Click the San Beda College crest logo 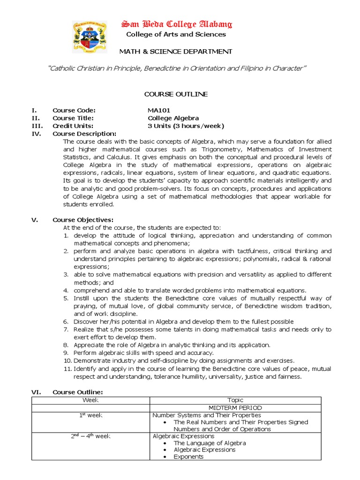(x=90, y=37)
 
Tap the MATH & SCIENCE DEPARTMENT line (x=176, y=51)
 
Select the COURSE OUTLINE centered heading (x=176, y=94)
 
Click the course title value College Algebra (x=173, y=118)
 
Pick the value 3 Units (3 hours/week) (x=186, y=126)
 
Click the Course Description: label (x=84, y=134)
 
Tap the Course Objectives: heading (x=82, y=220)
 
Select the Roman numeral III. (x=37, y=126)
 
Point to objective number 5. (x=66, y=298)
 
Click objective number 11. (x=67, y=369)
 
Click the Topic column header (x=235, y=400)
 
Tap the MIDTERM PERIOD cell (x=235, y=408)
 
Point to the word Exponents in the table (x=188, y=457)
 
